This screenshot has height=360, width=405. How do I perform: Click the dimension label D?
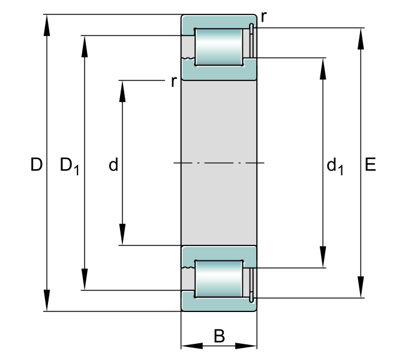[36, 164]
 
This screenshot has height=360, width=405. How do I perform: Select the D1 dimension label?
[70, 166]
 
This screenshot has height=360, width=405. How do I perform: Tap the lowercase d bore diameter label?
[113, 164]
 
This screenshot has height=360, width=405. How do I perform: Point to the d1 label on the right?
[335, 167]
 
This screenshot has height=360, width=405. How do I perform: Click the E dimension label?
[370, 164]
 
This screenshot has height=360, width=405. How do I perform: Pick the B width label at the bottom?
[219, 336]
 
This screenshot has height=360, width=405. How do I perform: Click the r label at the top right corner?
[264, 17]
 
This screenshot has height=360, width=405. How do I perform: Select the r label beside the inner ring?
[174, 82]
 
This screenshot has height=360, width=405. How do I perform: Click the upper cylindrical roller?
[219, 47]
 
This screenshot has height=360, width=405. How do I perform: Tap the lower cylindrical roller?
[219, 279]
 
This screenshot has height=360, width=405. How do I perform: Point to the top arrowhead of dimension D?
[47, 25]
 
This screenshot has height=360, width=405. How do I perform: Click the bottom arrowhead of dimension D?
[47, 301]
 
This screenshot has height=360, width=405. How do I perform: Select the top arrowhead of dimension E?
[361, 38]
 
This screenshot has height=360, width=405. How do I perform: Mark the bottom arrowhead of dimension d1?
[323, 257]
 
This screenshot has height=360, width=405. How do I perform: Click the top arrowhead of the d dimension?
[122, 91]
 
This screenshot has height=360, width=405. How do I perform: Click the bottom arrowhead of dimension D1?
[85, 280]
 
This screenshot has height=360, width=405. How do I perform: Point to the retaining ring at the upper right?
[251, 41]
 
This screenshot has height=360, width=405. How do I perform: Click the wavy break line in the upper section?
[188, 58]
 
